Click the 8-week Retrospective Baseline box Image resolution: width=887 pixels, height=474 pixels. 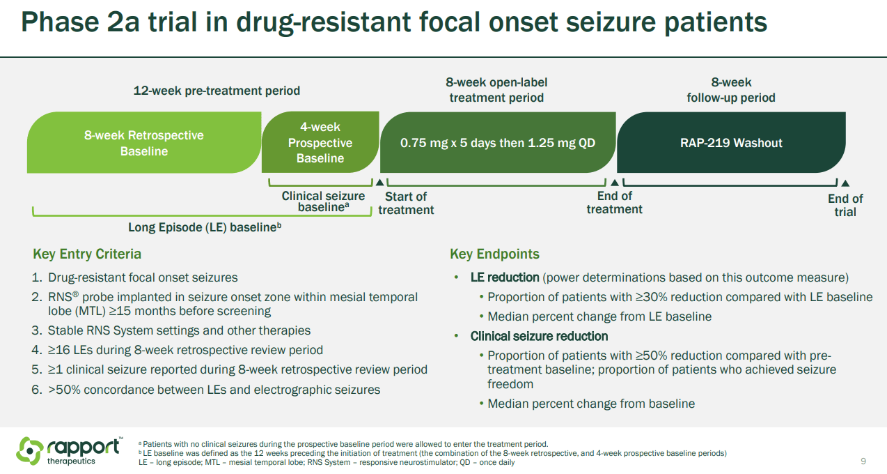[x=143, y=143]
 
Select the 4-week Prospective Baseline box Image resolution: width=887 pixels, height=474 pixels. [x=320, y=143]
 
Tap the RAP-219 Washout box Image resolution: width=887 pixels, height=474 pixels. [x=731, y=143]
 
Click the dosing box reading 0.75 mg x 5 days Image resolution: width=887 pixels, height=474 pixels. [x=497, y=143]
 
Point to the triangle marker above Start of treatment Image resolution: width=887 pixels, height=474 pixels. [x=379, y=183]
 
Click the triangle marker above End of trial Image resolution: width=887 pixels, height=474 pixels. [x=845, y=183]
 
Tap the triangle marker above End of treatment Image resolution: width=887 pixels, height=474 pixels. [x=614, y=183]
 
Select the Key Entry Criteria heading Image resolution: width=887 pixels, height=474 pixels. [x=87, y=254]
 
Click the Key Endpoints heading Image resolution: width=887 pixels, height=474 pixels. [x=494, y=254]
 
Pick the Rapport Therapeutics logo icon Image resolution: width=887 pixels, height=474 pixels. [x=30, y=450]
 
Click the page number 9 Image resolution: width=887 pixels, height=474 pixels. [x=863, y=461]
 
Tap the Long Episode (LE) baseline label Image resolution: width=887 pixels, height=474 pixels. [x=205, y=227]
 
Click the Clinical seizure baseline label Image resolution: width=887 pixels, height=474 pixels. [x=323, y=201]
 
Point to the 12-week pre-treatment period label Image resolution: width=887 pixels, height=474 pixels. [x=217, y=91]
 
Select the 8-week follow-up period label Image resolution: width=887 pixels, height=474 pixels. [x=731, y=90]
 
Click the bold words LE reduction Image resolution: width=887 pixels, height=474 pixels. [x=505, y=277]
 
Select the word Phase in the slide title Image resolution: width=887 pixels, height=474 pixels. [x=61, y=23]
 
